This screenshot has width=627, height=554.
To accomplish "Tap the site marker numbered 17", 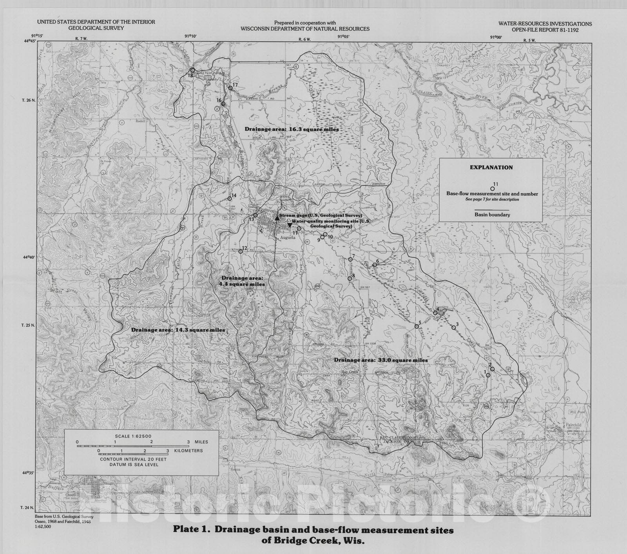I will [x=230, y=88].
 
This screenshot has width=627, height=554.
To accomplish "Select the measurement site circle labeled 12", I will [x=241, y=251].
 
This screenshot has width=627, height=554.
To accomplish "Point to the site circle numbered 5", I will [x=417, y=326].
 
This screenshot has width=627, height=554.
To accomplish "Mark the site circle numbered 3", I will [x=453, y=328].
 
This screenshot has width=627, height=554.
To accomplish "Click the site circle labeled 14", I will [x=230, y=199].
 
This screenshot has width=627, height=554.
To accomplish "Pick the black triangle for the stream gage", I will [x=277, y=218].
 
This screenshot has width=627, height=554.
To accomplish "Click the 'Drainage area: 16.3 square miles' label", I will [x=292, y=129].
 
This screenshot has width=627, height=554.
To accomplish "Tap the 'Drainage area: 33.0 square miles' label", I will [x=381, y=360].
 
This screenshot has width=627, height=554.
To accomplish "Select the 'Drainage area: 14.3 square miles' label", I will [x=178, y=330].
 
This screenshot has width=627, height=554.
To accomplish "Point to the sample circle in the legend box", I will [x=493, y=189].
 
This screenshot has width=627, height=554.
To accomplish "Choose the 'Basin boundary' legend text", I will [x=492, y=215].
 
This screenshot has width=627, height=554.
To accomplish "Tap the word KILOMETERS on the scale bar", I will [x=188, y=451].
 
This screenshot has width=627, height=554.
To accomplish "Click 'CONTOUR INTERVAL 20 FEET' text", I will [x=133, y=459].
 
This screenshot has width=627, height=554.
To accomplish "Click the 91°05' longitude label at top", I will [x=343, y=36].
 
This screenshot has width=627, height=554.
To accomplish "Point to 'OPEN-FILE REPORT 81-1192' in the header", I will [x=545, y=29].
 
